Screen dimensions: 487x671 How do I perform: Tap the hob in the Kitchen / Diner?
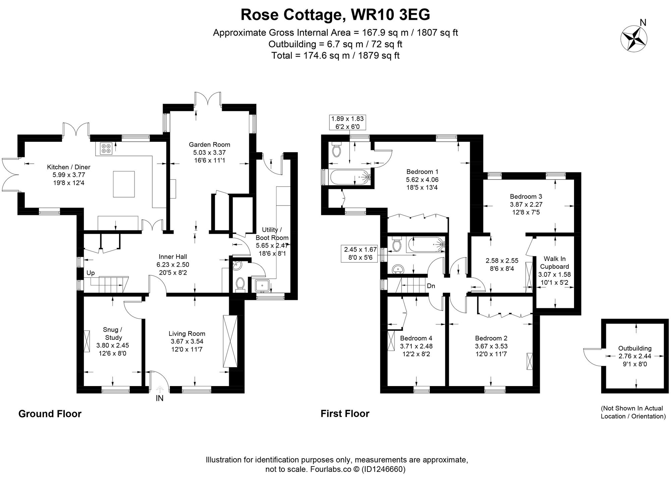click(106, 148)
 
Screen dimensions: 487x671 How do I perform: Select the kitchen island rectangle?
click(124, 184)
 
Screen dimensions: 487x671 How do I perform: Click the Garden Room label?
click(209, 145)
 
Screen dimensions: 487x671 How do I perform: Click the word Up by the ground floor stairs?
click(91, 273)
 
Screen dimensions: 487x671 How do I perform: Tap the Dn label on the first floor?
click(431, 286)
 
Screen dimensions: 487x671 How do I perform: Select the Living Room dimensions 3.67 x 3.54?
click(187, 341)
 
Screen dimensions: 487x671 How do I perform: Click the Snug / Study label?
click(113, 333)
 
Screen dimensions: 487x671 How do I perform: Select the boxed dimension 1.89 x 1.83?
click(347, 122)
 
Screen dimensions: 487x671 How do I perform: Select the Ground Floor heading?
click(50, 414)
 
